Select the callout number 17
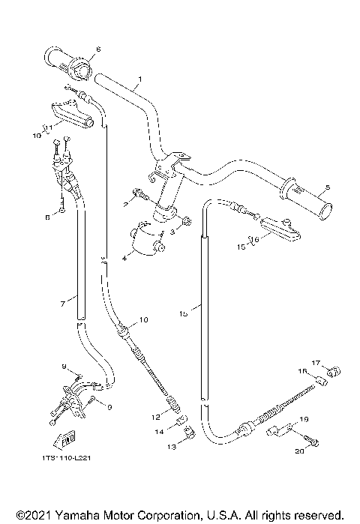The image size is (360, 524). click(x=316, y=364)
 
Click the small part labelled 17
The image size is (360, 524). click(x=335, y=370)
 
